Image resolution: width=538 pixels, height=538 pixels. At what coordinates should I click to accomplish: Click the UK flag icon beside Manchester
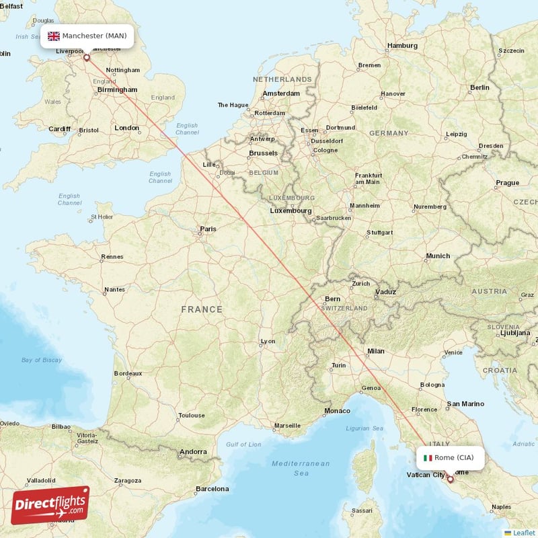tap(53, 36)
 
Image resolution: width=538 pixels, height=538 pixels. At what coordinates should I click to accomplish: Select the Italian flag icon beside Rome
tap(428, 457)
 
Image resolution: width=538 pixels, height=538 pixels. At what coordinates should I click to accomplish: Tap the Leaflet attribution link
tap(523, 532)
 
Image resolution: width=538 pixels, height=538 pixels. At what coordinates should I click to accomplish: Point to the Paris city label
tap(208, 229)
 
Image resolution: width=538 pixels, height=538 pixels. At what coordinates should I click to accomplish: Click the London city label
tap(126, 128)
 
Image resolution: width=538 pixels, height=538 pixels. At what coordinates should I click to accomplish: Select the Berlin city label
tap(480, 87)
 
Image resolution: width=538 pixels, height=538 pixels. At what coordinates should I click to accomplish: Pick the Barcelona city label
tap(213, 489)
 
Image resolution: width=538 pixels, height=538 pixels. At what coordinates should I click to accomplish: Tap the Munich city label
tap(438, 256)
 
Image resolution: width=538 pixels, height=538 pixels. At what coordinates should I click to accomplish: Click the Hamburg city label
tap(402, 46)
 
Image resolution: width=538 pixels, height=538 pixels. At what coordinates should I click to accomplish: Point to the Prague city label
tap(507, 182)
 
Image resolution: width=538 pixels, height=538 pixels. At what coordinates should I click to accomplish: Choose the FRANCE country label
tap(201, 309)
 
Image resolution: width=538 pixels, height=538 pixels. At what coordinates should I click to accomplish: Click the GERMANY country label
tap(389, 133)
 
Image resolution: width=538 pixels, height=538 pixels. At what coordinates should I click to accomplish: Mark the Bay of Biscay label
tap(41, 360)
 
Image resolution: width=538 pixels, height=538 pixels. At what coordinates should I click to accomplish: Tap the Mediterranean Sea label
tap(301, 468)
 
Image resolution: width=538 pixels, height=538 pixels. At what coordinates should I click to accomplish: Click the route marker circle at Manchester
tap(86, 58)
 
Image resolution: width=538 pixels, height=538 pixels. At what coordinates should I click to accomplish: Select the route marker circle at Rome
tap(450, 479)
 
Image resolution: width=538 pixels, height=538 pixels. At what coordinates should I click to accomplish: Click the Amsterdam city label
tap(281, 93)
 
